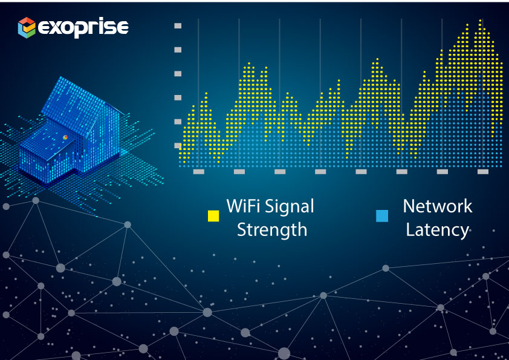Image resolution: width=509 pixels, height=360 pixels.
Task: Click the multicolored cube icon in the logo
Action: click(x=27, y=28)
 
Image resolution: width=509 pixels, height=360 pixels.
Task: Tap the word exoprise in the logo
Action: click(x=83, y=28)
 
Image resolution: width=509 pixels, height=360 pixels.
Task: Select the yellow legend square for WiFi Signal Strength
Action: click(x=213, y=216)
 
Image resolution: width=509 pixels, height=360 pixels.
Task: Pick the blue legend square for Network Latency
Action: click(x=382, y=216)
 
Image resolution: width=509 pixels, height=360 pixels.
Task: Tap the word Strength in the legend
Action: click(x=272, y=230)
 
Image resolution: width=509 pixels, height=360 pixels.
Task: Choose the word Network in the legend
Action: click(x=437, y=206)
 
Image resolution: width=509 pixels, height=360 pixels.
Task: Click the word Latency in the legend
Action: click(x=437, y=231)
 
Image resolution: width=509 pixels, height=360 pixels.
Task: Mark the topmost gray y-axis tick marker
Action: click(x=178, y=25)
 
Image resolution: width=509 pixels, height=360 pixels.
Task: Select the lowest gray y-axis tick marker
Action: click(x=178, y=146)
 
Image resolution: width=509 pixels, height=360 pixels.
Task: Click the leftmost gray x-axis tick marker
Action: click(x=199, y=172)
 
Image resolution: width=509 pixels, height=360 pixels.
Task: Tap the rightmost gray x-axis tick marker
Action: click(x=483, y=172)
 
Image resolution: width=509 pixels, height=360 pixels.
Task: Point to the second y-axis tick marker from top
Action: click(x=178, y=50)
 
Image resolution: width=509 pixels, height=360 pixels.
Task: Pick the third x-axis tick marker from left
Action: click(x=280, y=172)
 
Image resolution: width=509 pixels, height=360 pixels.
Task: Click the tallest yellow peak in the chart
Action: click(x=480, y=21)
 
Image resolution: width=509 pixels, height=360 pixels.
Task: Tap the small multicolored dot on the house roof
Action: click(x=65, y=137)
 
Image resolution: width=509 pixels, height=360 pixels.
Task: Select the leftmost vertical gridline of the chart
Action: click(x=198, y=93)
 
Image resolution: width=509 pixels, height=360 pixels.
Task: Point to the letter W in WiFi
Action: click(x=234, y=206)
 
